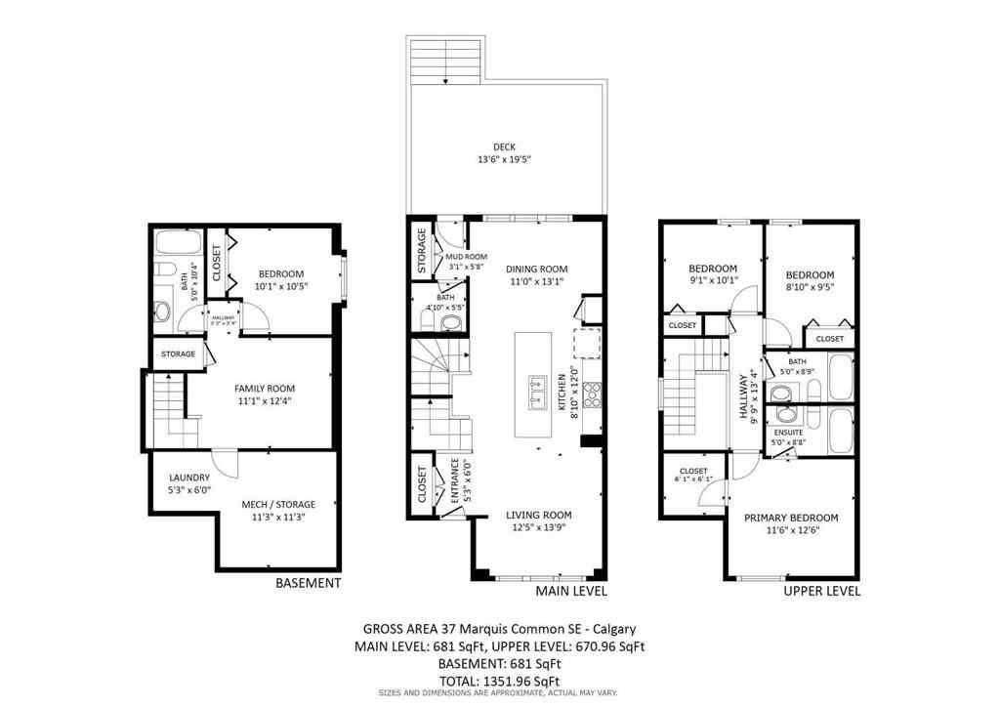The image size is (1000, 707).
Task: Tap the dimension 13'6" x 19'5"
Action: pyautogui.click(x=504, y=159)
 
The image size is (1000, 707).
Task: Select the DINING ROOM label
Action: pyautogui.click(x=536, y=270)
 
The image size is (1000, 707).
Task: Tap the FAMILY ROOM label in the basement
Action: pyautogui.click(x=265, y=389)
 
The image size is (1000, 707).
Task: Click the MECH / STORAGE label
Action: pyautogui.click(x=278, y=505)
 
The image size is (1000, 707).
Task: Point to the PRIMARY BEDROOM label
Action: pyautogui.click(x=791, y=518)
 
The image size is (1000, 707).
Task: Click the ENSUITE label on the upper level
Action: pyautogui.click(x=788, y=432)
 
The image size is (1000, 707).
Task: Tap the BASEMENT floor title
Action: pyautogui.click(x=308, y=583)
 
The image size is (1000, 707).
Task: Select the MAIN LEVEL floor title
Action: pyautogui.click(x=571, y=592)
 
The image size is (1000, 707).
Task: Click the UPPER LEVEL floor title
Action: pyautogui.click(x=822, y=591)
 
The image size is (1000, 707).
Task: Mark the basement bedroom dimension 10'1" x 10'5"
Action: pyautogui.click(x=280, y=286)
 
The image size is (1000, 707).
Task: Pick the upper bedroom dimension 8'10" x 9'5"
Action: pyautogui.click(x=811, y=288)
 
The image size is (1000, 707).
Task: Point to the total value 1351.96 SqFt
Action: pyautogui.click(x=521, y=681)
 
